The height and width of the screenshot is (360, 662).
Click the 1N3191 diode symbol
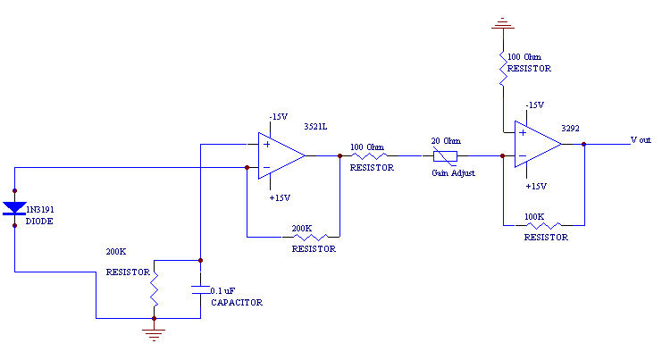(14, 208)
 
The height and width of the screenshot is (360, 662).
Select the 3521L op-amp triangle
(280, 155)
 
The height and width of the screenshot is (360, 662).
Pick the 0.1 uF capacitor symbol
(200, 289)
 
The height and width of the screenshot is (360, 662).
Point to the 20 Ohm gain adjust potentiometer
(445, 155)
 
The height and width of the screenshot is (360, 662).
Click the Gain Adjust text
(453, 172)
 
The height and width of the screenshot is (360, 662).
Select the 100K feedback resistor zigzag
(545, 225)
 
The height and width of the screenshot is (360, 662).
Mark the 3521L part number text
(315, 127)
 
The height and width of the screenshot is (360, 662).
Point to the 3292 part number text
(570, 129)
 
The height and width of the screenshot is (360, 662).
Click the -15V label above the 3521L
(279, 116)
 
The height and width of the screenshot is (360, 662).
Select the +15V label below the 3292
(536, 186)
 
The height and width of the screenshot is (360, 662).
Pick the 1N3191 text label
(36, 208)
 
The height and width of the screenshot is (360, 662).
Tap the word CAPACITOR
(236, 303)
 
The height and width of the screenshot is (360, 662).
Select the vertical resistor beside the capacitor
(155, 289)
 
